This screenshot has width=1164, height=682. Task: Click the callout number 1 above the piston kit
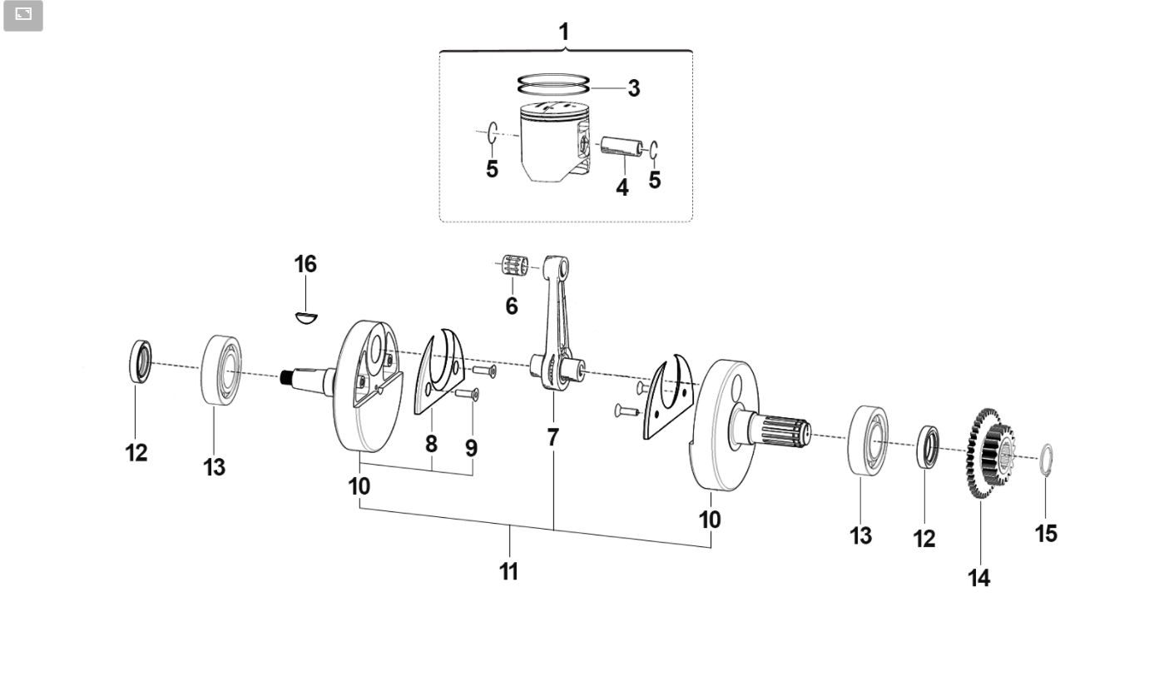click(564, 32)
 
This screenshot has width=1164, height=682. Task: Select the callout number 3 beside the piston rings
click(633, 88)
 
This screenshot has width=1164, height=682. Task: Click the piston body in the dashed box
click(556, 142)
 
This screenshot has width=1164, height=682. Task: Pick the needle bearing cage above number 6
click(515, 266)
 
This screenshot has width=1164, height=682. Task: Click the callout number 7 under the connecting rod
click(553, 437)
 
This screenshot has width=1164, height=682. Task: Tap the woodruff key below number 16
click(306, 317)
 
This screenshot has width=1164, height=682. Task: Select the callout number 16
click(305, 264)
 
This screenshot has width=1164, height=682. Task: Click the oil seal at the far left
click(141, 361)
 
